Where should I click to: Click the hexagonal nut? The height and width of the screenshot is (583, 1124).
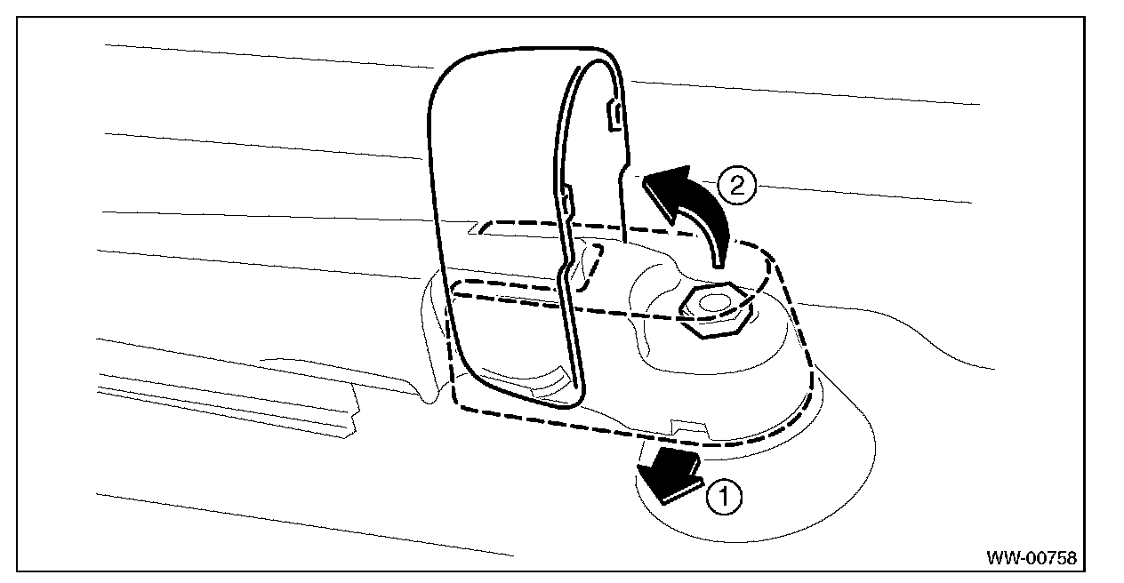tap(716, 312)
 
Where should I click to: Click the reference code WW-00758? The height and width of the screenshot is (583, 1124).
tap(1031, 558)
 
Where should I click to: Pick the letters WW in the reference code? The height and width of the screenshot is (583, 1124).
tap(1001, 558)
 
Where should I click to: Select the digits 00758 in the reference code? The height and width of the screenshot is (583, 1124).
tap(1049, 558)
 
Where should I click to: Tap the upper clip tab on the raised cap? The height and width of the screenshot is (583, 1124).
tap(613, 115)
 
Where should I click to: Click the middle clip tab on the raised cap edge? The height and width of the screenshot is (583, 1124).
tap(566, 197)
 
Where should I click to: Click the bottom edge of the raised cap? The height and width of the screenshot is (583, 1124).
tap(525, 402)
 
